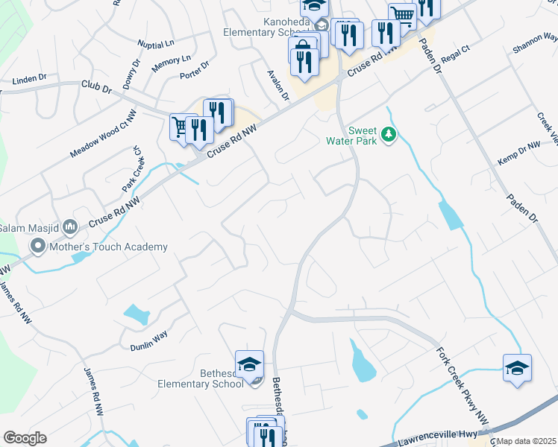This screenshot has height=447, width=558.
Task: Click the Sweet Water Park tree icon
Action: coord(388,135)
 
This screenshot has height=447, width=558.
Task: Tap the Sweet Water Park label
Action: coord(352,136)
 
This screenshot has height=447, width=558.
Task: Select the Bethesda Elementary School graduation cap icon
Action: coord(249,364)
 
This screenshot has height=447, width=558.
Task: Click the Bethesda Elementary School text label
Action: coord(201,378)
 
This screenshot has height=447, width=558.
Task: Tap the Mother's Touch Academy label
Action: coord(108,247)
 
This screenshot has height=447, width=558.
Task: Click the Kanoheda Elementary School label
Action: coord(269,28)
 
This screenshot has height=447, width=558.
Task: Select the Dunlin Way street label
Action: coord(149,342)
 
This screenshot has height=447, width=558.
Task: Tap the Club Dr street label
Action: coord(96,88)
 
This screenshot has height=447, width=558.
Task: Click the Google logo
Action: coord(25,438)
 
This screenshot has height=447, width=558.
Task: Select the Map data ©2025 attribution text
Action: coord(527,441)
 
